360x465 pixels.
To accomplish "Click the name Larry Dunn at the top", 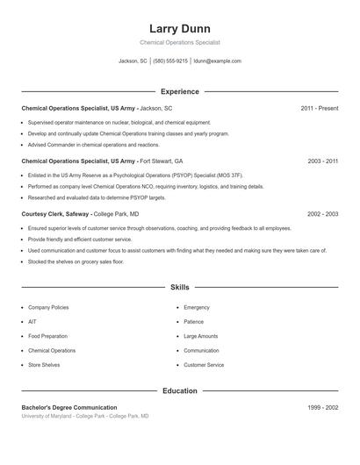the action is click(x=179, y=28).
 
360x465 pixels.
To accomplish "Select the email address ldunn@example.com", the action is click(x=217, y=61).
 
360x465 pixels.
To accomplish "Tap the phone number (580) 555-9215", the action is click(x=170, y=61).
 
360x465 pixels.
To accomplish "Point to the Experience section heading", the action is click(x=179, y=91).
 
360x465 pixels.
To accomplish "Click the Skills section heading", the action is click(x=179, y=287).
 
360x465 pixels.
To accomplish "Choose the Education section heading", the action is click(x=179, y=391).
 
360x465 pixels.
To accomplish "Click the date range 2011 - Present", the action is click(x=320, y=108).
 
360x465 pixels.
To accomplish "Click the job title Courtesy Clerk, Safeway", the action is click(x=54, y=214).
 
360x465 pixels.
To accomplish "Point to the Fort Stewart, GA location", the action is click(x=162, y=161).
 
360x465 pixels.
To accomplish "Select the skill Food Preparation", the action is click(x=48, y=336).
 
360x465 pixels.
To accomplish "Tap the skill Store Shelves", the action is click(x=44, y=364).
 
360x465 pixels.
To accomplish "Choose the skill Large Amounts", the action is click(x=201, y=336).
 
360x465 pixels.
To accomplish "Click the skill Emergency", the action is click(x=197, y=308).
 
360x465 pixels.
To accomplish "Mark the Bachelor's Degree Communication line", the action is click(x=68, y=408).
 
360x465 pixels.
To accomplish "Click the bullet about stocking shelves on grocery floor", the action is click(x=76, y=261).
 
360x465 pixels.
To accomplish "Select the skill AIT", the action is click(x=32, y=322).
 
